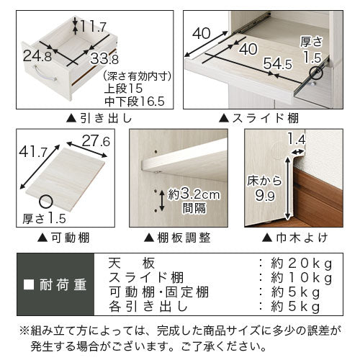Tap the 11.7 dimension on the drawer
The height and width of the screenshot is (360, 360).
[x=93, y=26]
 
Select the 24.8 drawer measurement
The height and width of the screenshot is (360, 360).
[x=37, y=57]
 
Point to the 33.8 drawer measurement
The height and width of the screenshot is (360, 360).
[x=104, y=59]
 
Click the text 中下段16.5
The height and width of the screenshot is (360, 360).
[x=135, y=102]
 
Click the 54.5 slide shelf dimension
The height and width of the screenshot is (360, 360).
[x=278, y=64]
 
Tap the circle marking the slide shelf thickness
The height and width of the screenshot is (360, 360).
[x=315, y=73]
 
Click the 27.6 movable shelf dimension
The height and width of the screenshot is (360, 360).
[x=96, y=141]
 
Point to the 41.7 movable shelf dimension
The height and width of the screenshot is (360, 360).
[x=33, y=151]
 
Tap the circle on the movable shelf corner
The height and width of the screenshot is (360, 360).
[x=45, y=201]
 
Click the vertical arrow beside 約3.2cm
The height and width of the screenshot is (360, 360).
[x=162, y=201]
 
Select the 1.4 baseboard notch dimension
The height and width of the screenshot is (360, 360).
[x=297, y=140]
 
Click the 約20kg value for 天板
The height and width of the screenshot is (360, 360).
[x=302, y=264]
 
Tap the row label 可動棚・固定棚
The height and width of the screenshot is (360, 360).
[x=159, y=292]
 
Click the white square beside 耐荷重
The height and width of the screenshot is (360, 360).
[x=29, y=284]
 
